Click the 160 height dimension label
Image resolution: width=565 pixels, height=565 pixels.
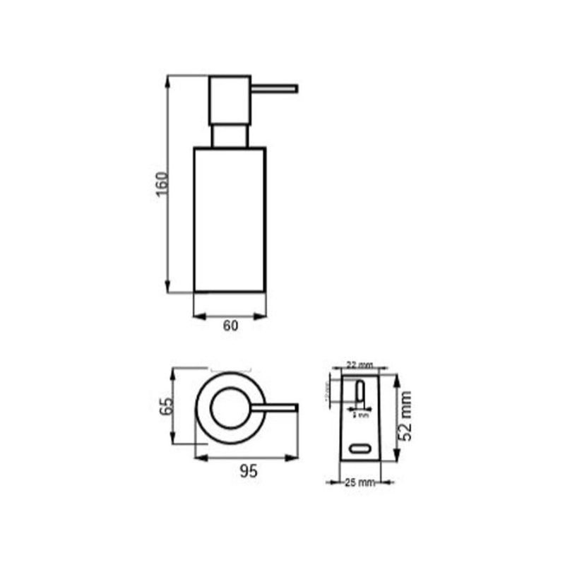[x=162, y=185]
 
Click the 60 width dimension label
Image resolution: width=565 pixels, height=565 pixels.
[x=230, y=326]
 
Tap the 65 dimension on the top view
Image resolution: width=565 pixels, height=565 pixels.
[x=167, y=406]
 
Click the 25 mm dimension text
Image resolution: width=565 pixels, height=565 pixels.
[x=359, y=483]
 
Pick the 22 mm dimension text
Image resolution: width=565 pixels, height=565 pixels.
[x=359, y=365]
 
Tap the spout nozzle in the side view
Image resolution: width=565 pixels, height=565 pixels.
[x=275, y=88]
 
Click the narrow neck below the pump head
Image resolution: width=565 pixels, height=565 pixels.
[x=230, y=136]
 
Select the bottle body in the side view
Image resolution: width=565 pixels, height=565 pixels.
[x=230, y=219]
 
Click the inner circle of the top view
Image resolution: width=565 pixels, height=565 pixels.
[x=230, y=408]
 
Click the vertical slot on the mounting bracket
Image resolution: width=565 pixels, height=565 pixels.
[x=359, y=393]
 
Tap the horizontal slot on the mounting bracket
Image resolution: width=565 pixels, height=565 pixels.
[x=360, y=448]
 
